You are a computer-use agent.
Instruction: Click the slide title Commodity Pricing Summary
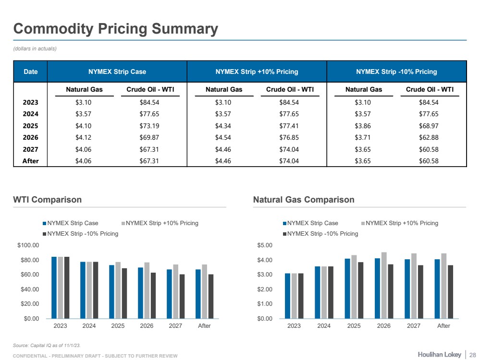tap(115, 29)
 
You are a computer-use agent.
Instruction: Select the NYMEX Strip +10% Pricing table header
tap(257, 72)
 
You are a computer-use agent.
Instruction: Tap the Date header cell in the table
tap(31, 72)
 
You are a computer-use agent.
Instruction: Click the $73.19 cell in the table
tap(149, 126)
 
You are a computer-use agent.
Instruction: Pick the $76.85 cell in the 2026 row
tap(289, 137)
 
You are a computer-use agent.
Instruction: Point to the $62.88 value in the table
tap(429, 137)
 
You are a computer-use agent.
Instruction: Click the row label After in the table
tap(31, 161)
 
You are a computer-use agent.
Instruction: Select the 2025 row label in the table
tap(31, 126)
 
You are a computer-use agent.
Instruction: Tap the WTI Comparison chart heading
tap(47, 200)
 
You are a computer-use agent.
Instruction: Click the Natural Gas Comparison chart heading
tap(304, 200)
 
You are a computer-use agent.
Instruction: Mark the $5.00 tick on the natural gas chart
tap(265, 245)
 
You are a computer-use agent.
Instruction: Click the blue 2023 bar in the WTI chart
tap(54, 288)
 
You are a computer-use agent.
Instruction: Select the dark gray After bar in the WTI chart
tap(210, 296)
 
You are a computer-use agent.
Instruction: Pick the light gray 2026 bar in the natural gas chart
tap(384, 285)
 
